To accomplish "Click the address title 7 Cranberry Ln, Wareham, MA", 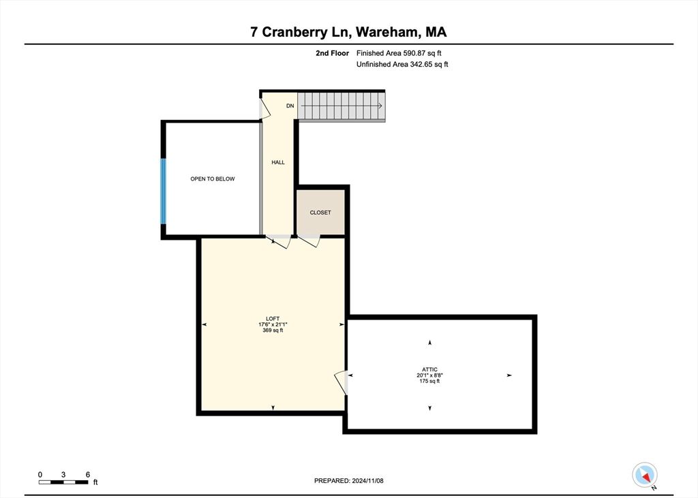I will coord(348,32).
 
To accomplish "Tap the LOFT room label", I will coord(273,319).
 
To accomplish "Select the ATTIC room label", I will coord(429,369).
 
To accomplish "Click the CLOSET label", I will coord(320,213).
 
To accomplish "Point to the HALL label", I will coord(278,162).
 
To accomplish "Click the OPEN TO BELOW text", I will coord(212,178).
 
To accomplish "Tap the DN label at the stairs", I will coord(290,106).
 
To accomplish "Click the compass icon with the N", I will coord(644,475).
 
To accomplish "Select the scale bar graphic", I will coord(63,482).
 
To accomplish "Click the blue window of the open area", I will coord(163,191).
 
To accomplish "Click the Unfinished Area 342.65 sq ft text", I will coord(402,65).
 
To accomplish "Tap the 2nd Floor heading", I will coord(333,53).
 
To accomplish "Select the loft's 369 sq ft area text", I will coord(273,330).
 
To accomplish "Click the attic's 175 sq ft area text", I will coord(429,381).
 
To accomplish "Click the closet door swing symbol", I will coord(308,240).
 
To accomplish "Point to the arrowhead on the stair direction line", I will coord(379,106).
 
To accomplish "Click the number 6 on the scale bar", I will coord(88,474).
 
